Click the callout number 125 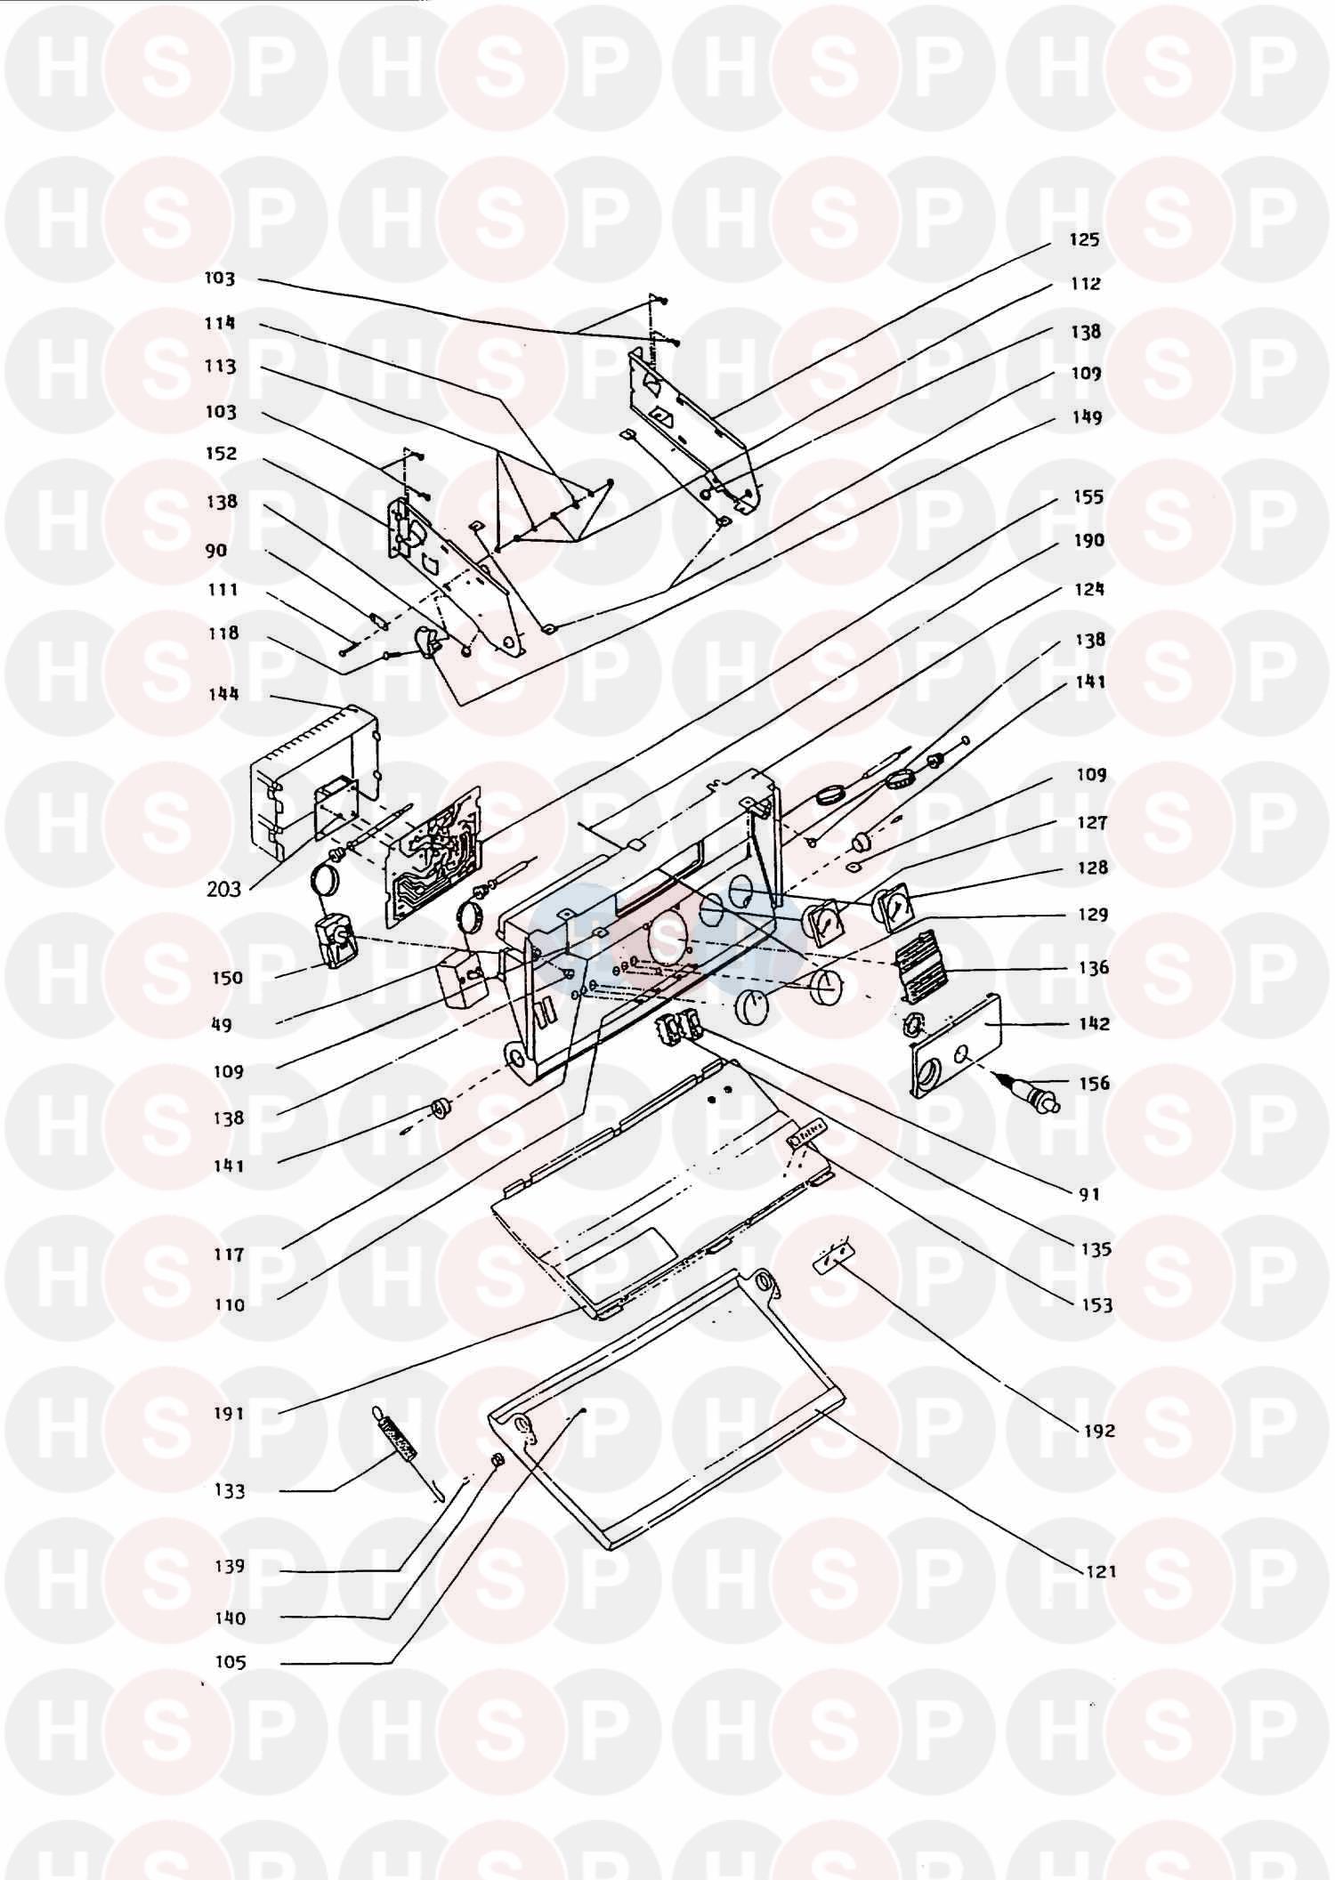(1085, 239)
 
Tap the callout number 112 (1085, 284)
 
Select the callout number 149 (1086, 417)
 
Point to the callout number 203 (223, 888)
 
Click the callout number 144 (222, 693)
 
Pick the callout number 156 (1094, 1083)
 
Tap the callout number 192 (1099, 1431)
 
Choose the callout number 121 (1101, 1571)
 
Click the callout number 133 (230, 1490)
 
